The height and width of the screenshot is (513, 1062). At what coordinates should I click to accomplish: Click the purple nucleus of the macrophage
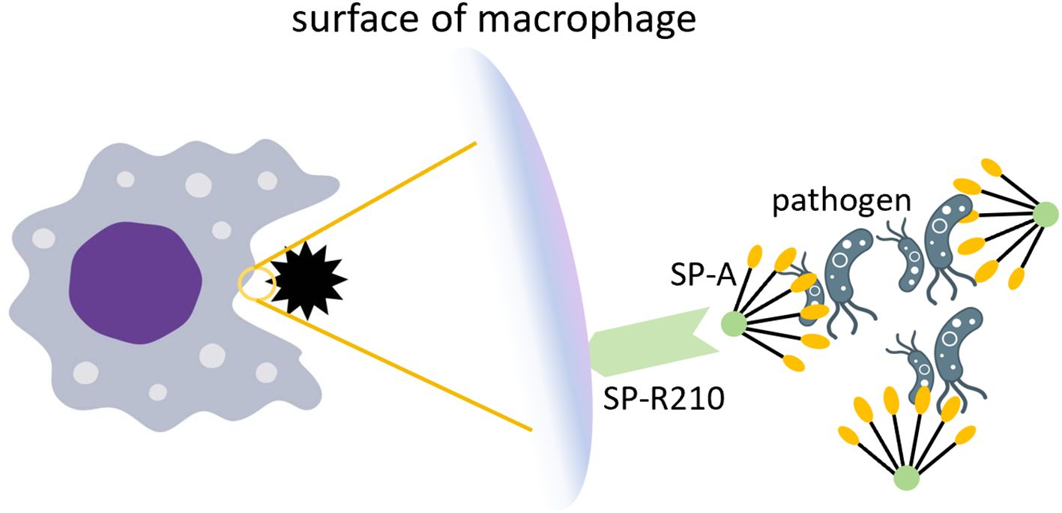[135, 283]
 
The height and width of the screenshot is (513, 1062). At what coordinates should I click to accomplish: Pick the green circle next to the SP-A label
[734, 324]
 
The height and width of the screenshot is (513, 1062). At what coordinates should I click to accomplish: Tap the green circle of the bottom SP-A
[906, 476]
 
